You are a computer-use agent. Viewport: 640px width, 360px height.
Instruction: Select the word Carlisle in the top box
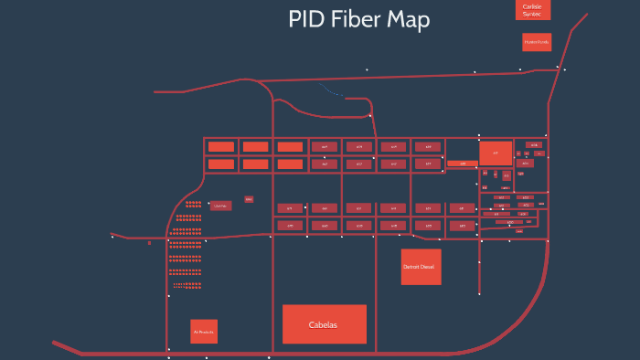coord(532,6)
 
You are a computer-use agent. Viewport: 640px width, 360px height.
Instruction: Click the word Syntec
coord(532,14)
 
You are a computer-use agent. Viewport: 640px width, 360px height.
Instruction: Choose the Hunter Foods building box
coord(537,42)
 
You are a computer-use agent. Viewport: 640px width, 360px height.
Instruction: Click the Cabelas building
coord(324,324)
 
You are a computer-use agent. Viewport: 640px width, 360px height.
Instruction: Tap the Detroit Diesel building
coord(421,267)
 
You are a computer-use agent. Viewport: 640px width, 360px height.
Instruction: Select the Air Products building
coord(203,331)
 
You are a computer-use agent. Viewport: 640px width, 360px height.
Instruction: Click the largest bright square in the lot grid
coord(496,153)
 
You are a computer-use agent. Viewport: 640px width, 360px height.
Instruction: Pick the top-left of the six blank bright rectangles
coord(220,146)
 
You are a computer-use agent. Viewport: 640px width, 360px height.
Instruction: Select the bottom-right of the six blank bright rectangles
coord(290,164)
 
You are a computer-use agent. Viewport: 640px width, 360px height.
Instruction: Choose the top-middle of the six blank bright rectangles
coord(255,146)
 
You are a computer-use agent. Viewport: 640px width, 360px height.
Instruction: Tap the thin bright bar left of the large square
coord(462,164)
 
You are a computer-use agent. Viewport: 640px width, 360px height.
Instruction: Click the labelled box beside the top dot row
coord(219,206)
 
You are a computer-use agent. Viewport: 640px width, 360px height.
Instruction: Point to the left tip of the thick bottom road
coord(56,344)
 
